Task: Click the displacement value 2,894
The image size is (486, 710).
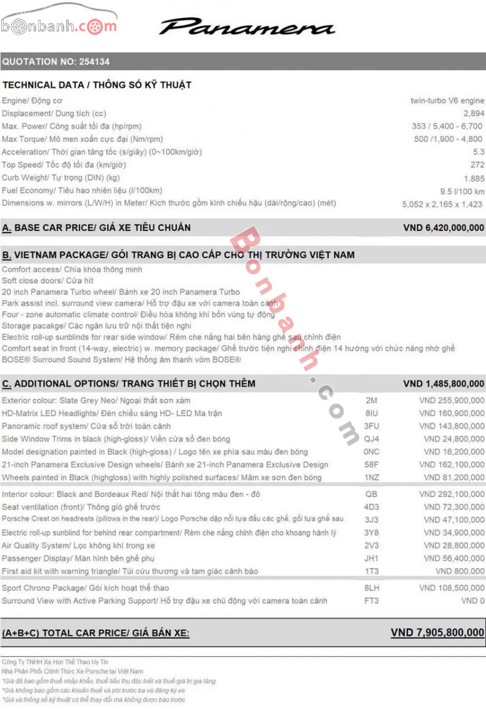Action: (474, 113)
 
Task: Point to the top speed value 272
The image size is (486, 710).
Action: (477, 165)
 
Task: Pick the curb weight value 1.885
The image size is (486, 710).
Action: (474, 178)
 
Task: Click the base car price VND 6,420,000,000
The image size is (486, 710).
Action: (443, 228)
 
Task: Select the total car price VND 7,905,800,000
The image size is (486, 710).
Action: (437, 632)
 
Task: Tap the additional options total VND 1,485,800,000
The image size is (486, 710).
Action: (443, 384)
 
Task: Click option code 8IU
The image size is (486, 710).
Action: (372, 413)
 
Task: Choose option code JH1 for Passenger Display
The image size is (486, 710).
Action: (372, 558)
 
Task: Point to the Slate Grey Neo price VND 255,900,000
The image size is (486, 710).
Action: (451, 400)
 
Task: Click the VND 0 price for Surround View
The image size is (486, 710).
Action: (473, 600)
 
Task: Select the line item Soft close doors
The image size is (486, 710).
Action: (47, 280)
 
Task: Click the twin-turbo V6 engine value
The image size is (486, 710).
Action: (447, 101)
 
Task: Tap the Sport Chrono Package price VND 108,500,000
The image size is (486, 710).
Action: (451, 588)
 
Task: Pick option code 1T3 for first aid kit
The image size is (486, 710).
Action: (372, 571)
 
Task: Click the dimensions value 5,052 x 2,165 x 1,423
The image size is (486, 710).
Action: (442, 204)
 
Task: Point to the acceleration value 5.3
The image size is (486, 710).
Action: (478, 152)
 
